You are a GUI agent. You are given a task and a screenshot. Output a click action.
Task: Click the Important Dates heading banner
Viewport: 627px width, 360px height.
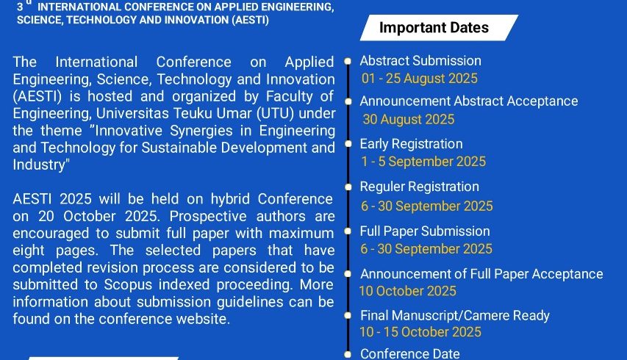(x=439, y=28)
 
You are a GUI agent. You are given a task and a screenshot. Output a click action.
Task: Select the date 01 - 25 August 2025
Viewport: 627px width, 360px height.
(x=420, y=79)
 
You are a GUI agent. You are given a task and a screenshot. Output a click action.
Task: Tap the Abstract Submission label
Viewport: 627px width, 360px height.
(x=420, y=61)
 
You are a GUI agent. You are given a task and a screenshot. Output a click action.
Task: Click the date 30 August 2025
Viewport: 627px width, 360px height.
(x=409, y=119)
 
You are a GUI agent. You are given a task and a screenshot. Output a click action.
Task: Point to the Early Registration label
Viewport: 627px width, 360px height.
(x=411, y=144)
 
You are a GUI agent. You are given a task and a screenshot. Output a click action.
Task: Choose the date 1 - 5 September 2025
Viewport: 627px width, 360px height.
(x=423, y=162)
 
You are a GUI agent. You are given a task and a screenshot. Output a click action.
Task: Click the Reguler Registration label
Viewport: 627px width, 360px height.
(x=420, y=187)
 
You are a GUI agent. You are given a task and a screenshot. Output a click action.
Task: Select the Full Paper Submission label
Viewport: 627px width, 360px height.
(x=425, y=231)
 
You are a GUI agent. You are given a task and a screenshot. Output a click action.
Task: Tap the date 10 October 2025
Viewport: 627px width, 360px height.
(x=407, y=291)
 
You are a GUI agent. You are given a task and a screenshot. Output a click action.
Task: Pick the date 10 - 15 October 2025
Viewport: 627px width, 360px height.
(x=420, y=332)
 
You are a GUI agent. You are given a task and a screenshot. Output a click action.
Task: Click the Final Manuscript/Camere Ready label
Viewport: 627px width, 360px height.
(x=455, y=316)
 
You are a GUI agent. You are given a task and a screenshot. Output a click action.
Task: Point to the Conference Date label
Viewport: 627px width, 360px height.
(x=410, y=353)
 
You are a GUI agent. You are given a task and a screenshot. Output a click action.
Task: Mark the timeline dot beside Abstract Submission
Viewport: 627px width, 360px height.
(x=348, y=61)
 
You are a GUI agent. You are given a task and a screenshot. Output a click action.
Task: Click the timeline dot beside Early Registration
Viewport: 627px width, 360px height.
(x=348, y=144)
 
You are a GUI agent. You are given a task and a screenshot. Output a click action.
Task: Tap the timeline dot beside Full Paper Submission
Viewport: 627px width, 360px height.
(x=348, y=231)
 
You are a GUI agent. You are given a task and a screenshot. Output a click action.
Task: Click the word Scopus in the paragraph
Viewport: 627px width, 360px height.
(x=129, y=284)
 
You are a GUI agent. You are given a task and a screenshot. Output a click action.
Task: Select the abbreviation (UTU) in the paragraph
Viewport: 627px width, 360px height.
(x=275, y=113)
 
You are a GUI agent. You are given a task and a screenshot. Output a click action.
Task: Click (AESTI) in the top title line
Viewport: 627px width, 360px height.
(x=251, y=20)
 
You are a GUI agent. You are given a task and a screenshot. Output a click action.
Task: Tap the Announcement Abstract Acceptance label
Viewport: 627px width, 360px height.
(x=469, y=101)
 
